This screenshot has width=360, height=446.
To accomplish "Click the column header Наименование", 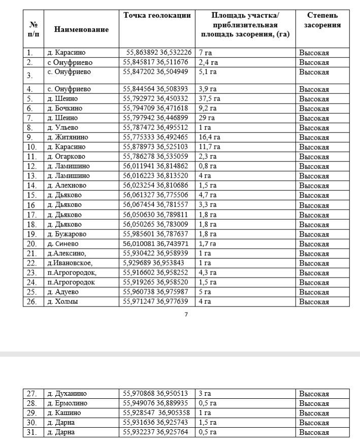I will (x=81, y=29).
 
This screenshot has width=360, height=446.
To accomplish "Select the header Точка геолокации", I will (x=157, y=15).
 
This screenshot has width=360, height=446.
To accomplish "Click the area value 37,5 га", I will (x=210, y=98).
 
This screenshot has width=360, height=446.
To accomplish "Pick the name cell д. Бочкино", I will (x=65, y=108).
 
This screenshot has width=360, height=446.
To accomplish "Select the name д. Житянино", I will (x=68, y=137).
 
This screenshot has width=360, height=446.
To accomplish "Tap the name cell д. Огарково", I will (x=67, y=156).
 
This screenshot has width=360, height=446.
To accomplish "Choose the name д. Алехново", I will (x=67, y=185).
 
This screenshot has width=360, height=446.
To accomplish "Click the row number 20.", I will (x=31, y=244).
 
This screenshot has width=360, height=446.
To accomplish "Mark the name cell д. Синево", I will (x=63, y=244).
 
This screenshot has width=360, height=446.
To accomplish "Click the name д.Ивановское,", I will (x=70, y=263).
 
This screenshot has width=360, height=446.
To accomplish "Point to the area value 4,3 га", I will (x=208, y=272).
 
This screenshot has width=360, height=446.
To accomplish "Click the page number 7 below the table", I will (x=186, y=315).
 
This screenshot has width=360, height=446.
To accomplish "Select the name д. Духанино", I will (x=67, y=393).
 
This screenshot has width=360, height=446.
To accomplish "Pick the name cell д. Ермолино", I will (x=68, y=403).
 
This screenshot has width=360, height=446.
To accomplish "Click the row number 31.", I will (x=31, y=432).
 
